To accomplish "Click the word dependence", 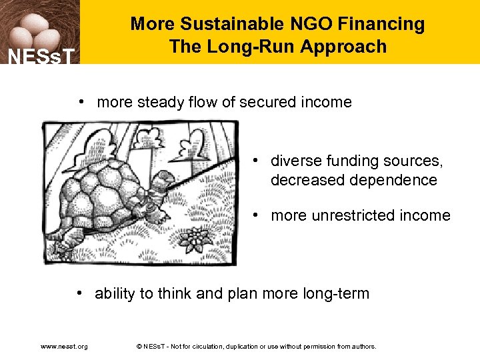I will pyautogui.click(x=396, y=180).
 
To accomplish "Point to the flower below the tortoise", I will pyautogui.click(x=197, y=237).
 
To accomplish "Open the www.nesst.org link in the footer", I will pyautogui.click(x=64, y=347).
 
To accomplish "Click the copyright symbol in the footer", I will pyautogui.click(x=138, y=347).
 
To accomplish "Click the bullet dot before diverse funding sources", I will pyautogui.click(x=256, y=161).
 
